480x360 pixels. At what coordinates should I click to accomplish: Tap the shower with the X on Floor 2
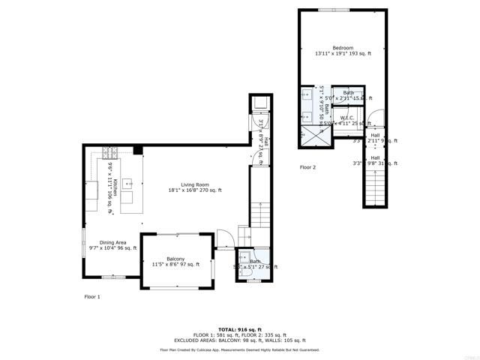(315, 135)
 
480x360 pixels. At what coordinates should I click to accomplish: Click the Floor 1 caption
(92, 297)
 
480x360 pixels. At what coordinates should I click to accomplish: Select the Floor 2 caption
(307, 167)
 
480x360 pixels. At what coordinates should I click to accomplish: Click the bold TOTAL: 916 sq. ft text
(239, 329)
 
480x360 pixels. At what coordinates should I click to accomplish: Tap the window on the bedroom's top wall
(328, 10)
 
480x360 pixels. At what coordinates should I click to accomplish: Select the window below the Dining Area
(113, 277)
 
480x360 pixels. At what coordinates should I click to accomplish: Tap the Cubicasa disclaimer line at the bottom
(239, 349)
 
